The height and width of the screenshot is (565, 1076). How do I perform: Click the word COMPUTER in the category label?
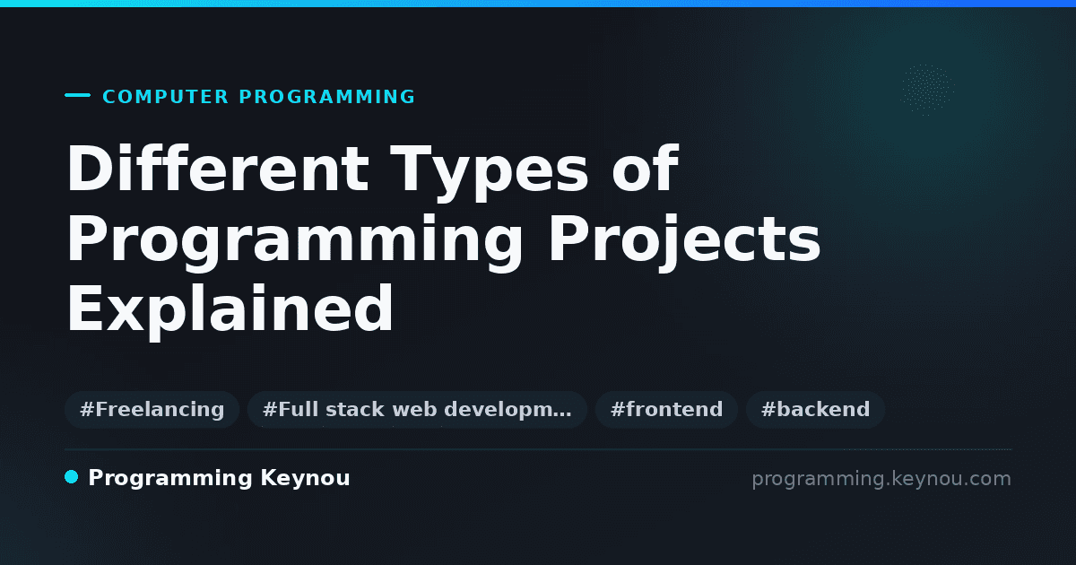click(165, 97)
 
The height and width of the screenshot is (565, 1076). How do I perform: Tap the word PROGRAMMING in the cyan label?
click(326, 97)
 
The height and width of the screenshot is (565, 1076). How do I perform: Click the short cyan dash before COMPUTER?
click(77, 95)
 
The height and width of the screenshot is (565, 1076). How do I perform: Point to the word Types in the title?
click(489, 173)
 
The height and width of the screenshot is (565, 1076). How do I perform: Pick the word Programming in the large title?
click(294, 243)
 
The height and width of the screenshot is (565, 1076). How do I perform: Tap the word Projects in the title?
click(684, 243)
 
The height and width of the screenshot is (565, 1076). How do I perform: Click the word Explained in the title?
click(230, 310)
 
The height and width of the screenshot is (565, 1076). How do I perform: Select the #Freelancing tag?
click(152, 410)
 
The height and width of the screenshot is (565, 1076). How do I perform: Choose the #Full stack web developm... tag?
click(417, 410)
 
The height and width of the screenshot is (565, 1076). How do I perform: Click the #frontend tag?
click(666, 410)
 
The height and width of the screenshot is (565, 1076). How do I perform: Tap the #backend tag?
click(815, 410)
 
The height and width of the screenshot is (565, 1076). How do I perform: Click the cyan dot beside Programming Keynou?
click(71, 477)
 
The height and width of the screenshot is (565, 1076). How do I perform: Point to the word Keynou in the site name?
click(305, 479)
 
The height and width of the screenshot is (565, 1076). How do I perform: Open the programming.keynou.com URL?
click(881, 479)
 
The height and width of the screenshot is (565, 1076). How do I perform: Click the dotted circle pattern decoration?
click(927, 90)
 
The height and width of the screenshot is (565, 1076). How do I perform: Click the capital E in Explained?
click(85, 308)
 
